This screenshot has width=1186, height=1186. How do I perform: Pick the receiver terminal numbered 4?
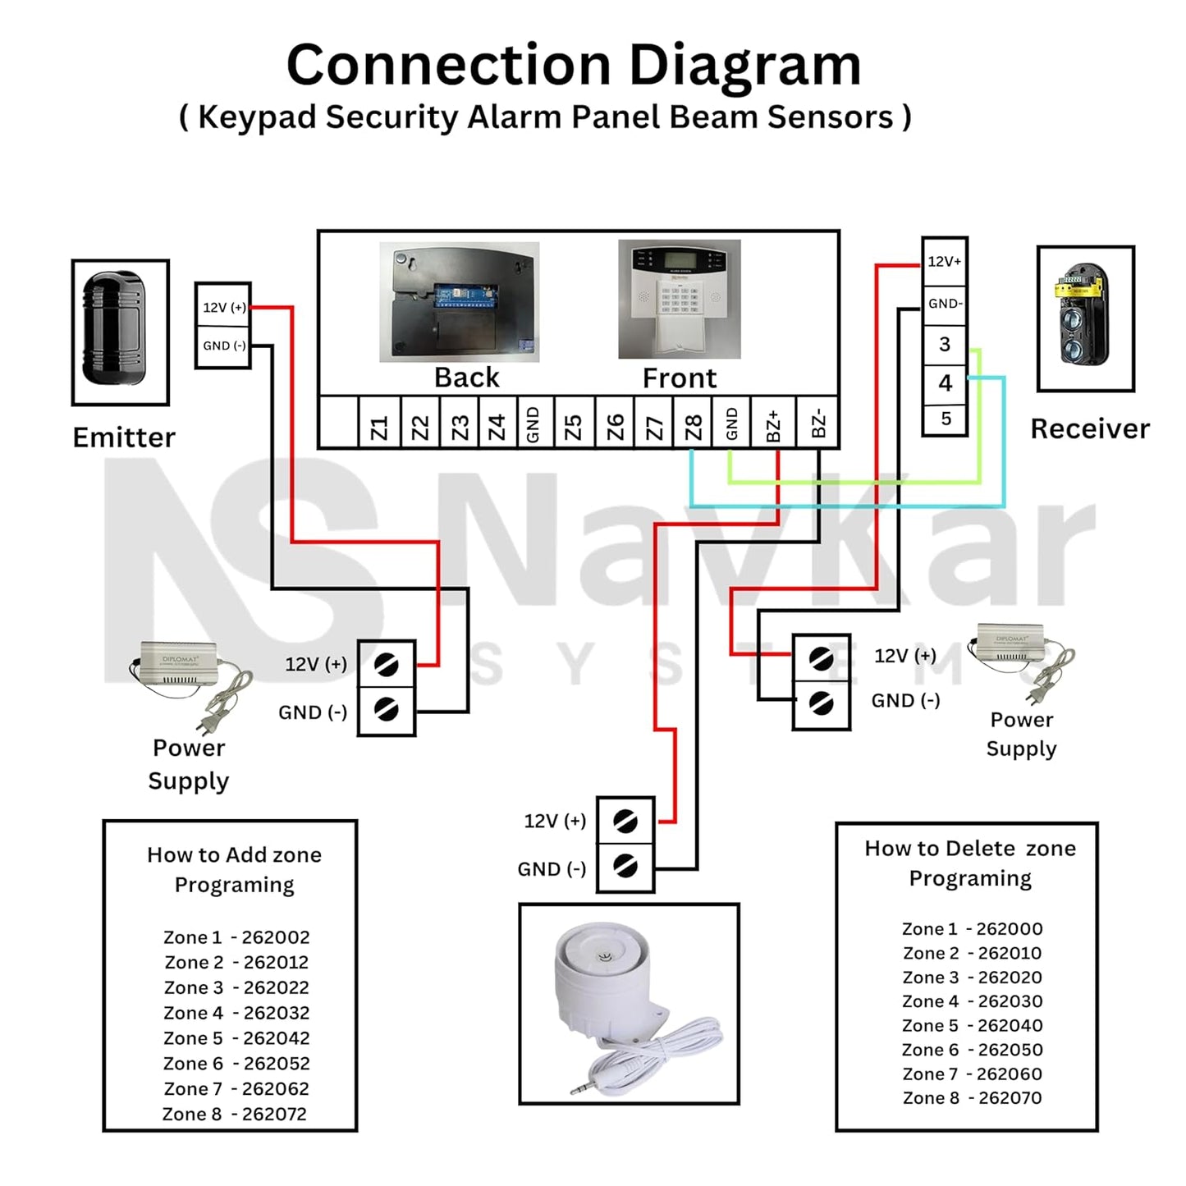tap(945, 382)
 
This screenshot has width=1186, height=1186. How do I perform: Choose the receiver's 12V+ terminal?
tap(945, 262)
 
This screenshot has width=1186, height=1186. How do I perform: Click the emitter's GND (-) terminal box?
tap(223, 346)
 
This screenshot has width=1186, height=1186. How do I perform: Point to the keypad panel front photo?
tap(680, 299)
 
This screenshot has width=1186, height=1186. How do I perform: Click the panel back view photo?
tap(459, 301)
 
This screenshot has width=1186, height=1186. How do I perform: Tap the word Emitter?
tap(124, 437)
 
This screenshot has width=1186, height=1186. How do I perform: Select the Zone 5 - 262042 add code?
tap(236, 1038)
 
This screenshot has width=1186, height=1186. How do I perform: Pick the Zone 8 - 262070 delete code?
tap(972, 1098)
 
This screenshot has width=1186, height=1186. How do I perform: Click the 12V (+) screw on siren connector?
tap(625, 821)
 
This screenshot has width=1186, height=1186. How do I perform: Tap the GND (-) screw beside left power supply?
tap(386, 708)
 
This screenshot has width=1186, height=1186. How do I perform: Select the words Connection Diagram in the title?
tap(574, 65)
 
